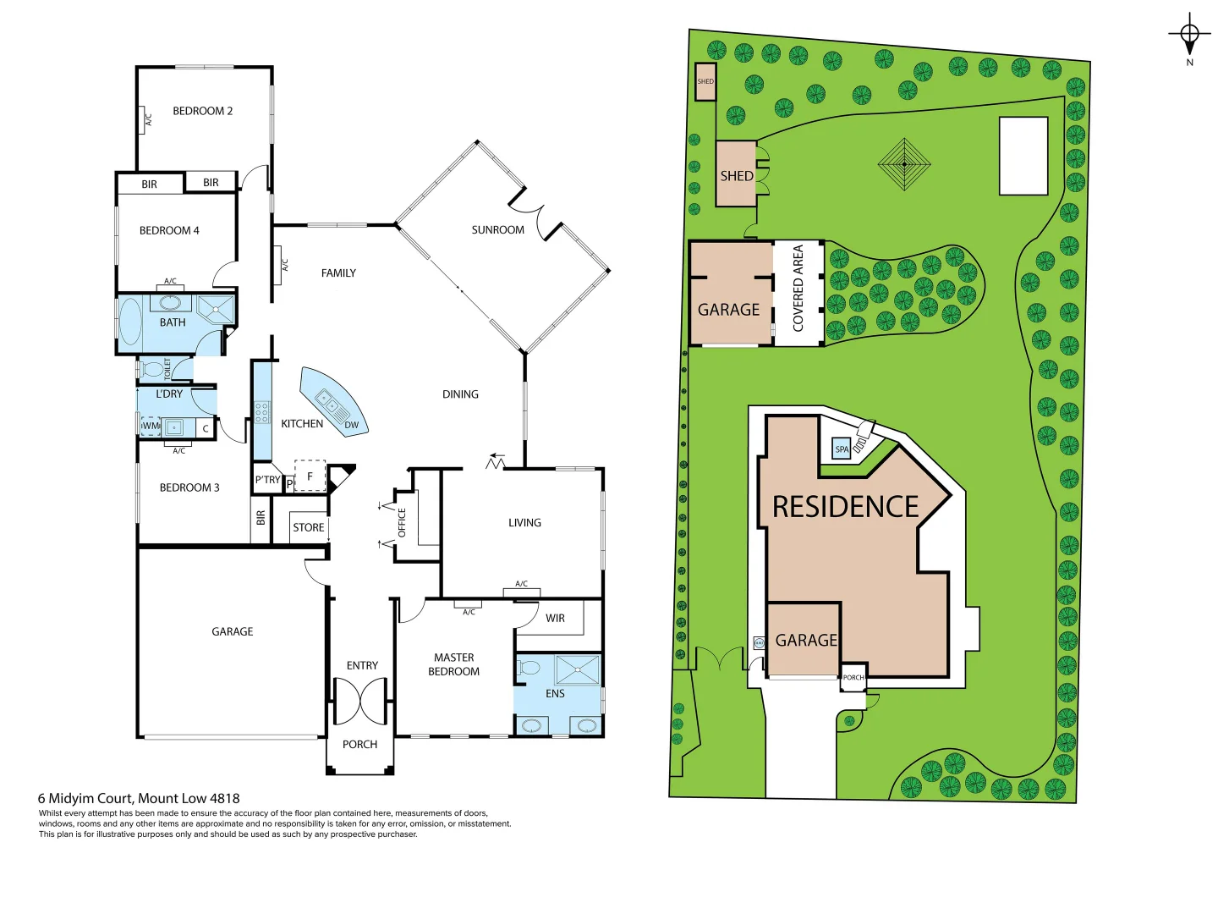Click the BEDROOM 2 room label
[x=202, y=111]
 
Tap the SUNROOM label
[x=497, y=230]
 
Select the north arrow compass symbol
[x=1189, y=36]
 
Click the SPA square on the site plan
[x=842, y=449]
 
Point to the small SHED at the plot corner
[x=705, y=82]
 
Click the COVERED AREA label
[x=798, y=288]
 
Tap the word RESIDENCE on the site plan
[x=845, y=507]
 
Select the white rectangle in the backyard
[x=1023, y=157]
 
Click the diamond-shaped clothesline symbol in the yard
[x=904, y=163]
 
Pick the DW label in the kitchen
[x=351, y=425]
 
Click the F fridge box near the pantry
[x=310, y=476]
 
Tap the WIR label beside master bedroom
[x=555, y=619]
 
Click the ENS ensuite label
[x=555, y=694]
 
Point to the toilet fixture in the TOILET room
[x=153, y=369]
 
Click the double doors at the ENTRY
[x=360, y=701]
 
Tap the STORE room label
[x=308, y=527]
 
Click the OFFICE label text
[x=402, y=522]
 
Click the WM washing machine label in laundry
[x=150, y=426]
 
